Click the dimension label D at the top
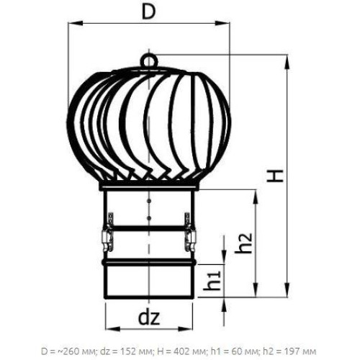(149, 12)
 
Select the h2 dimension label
(243, 243)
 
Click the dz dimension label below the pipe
(149, 318)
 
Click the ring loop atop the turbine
(149, 60)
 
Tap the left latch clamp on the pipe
(108, 232)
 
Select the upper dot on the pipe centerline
(149, 200)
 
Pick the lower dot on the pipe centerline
(149, 218)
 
